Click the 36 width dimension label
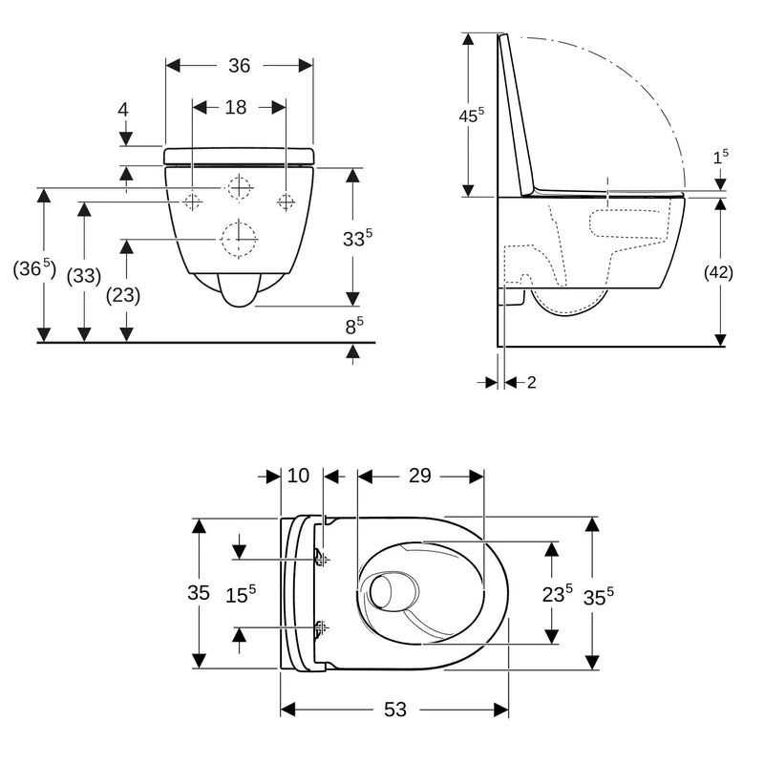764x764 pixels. click(x=240, y=65)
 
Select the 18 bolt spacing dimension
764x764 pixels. click(x=235, y=107)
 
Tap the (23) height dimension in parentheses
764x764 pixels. click(x=123, y=295)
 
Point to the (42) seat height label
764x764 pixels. click(x=719, y=272)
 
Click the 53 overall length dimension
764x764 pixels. click(x=394, y=710)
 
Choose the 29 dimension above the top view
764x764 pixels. click(x=419, y=476)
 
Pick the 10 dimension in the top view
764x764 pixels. click(x=298, y=476)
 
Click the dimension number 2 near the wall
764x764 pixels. click(x=532, y=383)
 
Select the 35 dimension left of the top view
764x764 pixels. click(x=199, y=592)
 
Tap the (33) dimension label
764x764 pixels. click(x=84, y=276)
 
